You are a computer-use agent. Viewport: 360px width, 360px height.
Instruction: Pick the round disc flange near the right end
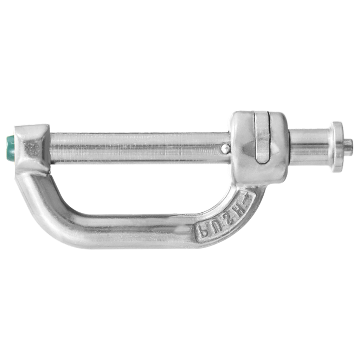click(336, 147)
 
